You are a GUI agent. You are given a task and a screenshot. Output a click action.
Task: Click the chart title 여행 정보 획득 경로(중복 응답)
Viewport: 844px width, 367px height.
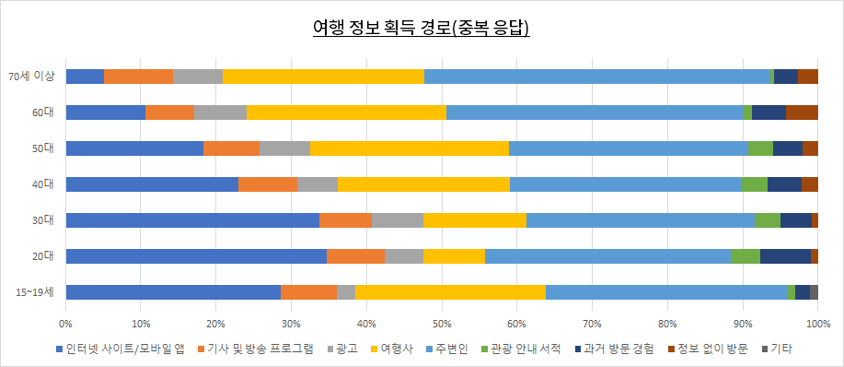(x=422, y=27)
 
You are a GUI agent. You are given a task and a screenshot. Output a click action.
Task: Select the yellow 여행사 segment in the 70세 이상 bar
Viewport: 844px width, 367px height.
(x=323, y=77)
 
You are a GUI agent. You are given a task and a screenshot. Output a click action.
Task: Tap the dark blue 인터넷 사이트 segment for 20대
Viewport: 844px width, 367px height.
(x=196, y=256)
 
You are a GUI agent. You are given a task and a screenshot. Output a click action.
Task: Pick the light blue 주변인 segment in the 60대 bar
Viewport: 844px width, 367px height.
(x=595, y=112)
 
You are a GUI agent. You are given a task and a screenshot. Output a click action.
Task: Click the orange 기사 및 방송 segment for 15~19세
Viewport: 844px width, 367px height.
(x=308, y=292)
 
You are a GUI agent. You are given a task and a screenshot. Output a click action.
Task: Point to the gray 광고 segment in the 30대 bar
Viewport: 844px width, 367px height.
(x=397, y=220)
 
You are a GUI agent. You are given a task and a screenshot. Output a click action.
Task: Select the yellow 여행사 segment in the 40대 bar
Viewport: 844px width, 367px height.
(x=423, y=184)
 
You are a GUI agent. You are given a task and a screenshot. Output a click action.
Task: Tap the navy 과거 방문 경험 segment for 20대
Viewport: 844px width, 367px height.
(x=785, y=256)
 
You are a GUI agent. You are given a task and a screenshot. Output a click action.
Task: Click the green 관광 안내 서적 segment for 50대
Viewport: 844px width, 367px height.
(x=760, y=148)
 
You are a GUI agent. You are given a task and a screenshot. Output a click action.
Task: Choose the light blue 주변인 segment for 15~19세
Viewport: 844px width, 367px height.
(x=666, y=292)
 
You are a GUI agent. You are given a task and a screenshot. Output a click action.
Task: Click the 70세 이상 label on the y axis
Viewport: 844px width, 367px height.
(x=32, y=77)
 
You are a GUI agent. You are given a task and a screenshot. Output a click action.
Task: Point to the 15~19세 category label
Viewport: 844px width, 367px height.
(x=34, y=292)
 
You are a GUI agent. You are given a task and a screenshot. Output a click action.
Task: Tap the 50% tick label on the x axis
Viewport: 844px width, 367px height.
(x=442, y=325)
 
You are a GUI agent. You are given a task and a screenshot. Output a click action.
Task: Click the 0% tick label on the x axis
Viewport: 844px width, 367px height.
(x=65, y=325)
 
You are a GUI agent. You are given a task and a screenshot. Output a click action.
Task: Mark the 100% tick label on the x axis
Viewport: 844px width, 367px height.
(x=817, y=325)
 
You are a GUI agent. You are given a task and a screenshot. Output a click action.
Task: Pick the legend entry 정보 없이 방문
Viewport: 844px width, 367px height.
(x=713, y=349)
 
